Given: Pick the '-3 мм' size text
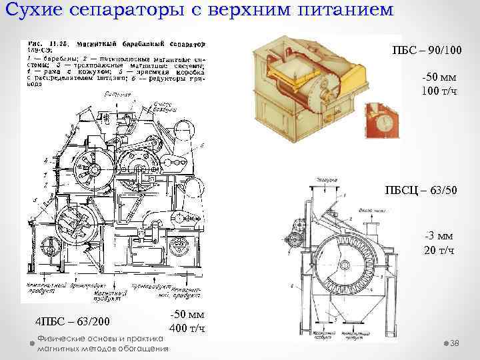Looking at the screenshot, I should pos(439,235).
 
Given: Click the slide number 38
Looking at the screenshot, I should pos(456,343).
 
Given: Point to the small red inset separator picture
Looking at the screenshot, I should pos(381,121).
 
